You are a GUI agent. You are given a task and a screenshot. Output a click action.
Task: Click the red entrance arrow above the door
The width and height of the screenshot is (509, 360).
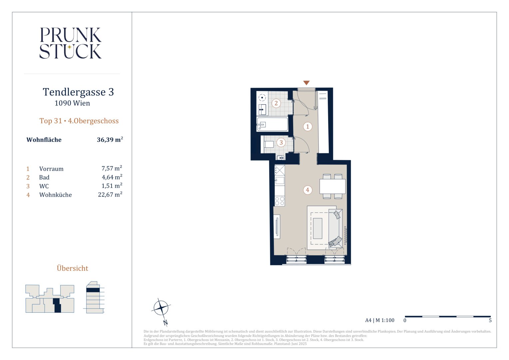[306, 83]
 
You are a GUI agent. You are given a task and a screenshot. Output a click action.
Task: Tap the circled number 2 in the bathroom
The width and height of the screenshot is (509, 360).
[276, 103]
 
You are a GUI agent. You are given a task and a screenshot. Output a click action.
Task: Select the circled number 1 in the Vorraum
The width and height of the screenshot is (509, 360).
[308, 126]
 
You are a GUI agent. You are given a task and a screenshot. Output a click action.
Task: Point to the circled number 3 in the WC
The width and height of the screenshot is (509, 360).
[281, 143]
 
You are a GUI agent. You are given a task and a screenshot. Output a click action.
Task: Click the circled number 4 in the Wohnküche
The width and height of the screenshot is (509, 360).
[307, 190]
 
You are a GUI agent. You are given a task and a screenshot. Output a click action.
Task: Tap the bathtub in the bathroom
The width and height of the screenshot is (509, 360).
[272, 124]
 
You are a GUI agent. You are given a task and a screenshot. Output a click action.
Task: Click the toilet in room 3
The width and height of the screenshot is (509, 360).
[268, 144]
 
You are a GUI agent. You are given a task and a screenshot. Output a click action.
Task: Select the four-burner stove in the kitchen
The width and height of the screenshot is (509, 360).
[280, 201]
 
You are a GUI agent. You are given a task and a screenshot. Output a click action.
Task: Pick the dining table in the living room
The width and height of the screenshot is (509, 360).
[332, 186]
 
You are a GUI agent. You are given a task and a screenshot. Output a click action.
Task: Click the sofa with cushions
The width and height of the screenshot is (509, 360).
[335, 228]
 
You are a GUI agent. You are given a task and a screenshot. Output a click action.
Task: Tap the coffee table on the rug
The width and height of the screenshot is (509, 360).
[318, 228]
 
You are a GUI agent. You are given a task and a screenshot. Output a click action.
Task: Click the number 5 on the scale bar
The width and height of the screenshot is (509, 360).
[490, 320]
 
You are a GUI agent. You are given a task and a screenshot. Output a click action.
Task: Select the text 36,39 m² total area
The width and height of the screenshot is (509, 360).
[110, 140]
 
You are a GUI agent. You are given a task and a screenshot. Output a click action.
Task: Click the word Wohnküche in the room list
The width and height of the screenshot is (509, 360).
[55, 195]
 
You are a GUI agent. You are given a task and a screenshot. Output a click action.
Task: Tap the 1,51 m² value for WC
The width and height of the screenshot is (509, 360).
[112, 186]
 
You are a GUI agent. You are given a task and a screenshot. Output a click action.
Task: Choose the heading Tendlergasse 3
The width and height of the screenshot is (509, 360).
[78, 92]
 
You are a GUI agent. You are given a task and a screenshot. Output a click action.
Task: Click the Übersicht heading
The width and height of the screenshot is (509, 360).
[73, 268]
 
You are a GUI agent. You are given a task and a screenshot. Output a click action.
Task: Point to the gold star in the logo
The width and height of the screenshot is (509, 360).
[70, 47]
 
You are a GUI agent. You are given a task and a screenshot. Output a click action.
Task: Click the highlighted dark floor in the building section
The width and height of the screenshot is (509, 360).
[93, 290]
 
